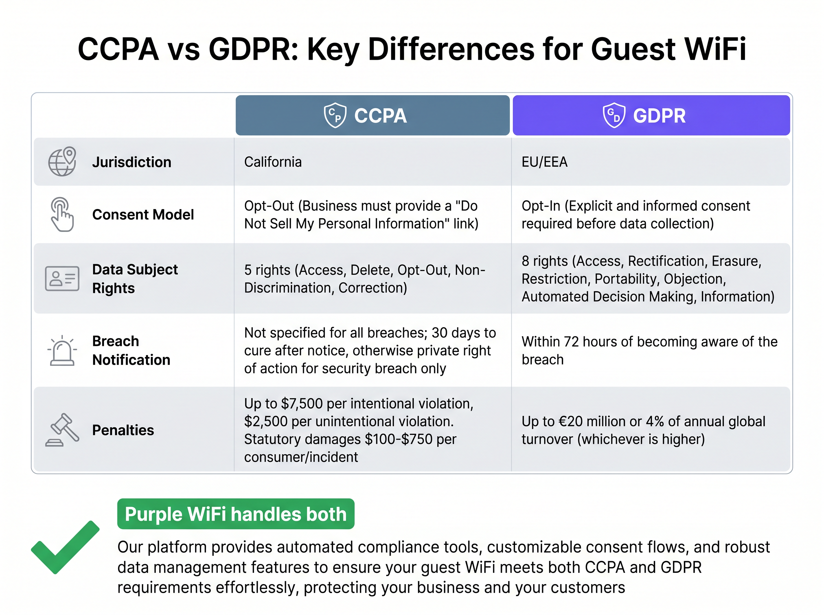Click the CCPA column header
tap(373, 115)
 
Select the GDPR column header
tap(651, 115)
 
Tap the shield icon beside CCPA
tap(335, 115)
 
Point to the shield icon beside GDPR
tap(614, 115)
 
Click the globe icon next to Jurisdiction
tap(62, 162)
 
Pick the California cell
tap(273, 162)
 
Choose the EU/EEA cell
tap(545, 162)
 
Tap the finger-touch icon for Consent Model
tap(62, 214)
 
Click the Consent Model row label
tap(143, 215)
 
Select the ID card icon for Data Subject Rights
tap(62, 278)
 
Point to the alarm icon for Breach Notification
tap(62, 351)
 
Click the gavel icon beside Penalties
tap(62, 430)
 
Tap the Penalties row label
tap(123, 430)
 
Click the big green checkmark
tap(65, 547)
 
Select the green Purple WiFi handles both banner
tap(236, 514)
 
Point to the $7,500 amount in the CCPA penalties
tap(302, 404)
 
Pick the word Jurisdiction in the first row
tap(131, 162)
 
